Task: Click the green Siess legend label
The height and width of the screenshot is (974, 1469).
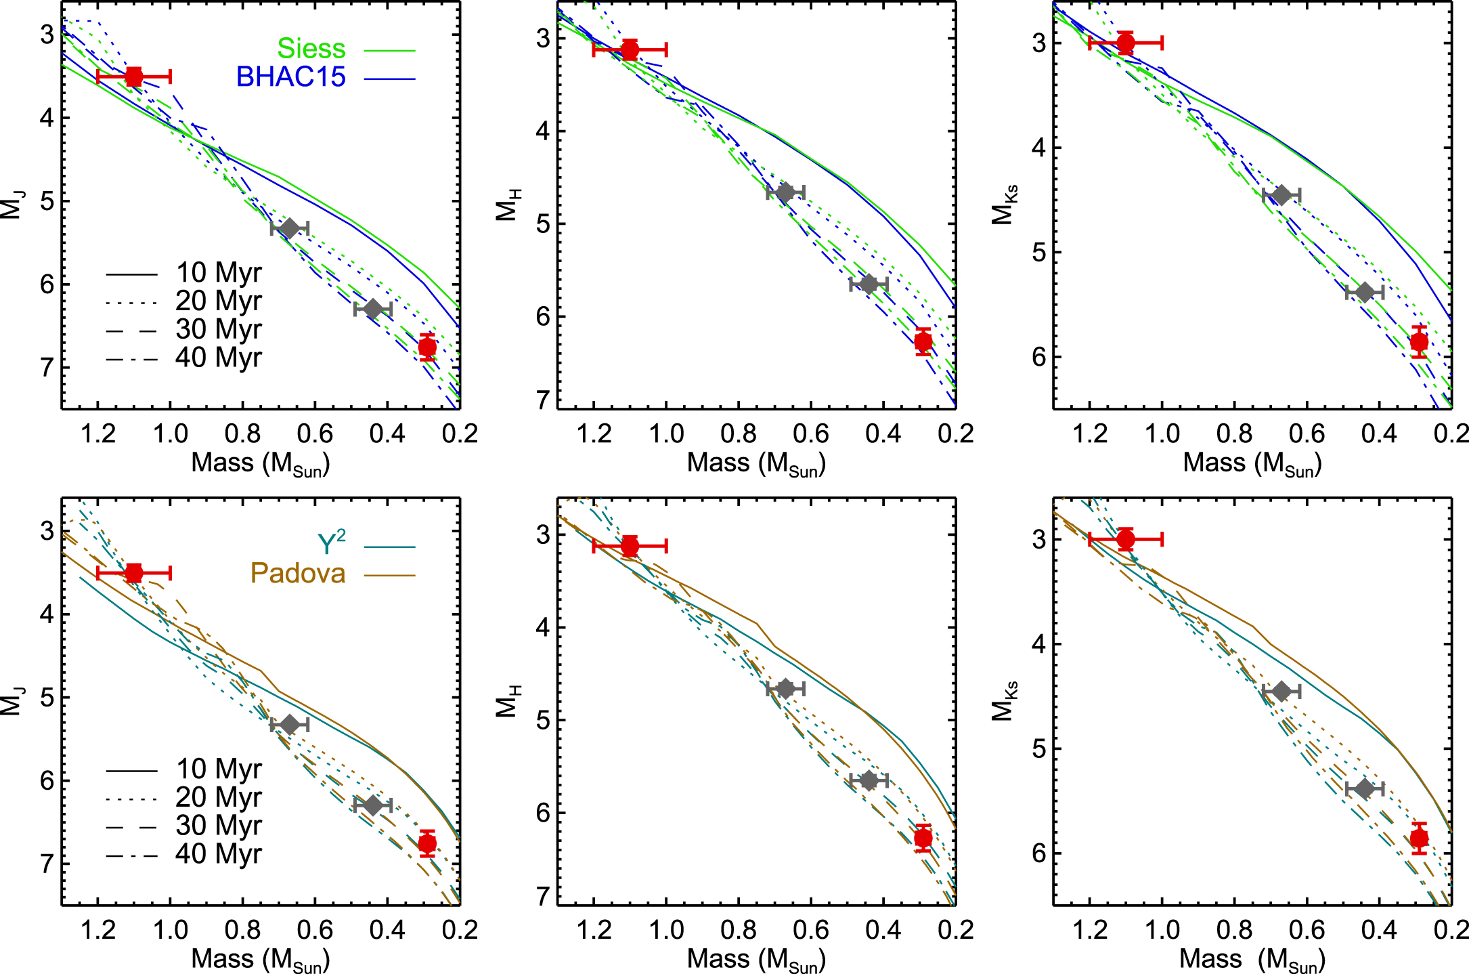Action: click(311, 49)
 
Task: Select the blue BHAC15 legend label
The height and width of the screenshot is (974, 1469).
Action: click(291, 77)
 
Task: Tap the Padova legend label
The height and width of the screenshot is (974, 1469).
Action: click(298, 574)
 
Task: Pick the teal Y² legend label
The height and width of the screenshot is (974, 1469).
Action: click(332, 543)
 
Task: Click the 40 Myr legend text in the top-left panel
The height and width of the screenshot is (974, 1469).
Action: click(218, 358)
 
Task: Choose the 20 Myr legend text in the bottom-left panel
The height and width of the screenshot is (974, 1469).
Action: click(218, 797)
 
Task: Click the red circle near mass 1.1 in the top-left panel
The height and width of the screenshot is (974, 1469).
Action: click(134, 77)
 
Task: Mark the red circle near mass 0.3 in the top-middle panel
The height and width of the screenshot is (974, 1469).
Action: click(923, 342)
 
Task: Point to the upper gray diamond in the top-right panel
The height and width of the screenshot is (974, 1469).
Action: click(1281, 196)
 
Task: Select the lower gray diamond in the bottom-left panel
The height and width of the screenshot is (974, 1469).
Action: click(372, 805)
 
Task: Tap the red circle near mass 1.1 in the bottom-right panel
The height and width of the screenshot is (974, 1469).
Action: click(1126, 539)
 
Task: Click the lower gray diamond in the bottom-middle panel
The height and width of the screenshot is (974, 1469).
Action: click(869, 780)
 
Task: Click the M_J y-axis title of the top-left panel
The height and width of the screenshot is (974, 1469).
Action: click(12, 205)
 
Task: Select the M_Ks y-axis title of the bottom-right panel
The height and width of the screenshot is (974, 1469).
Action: click(1004, 700)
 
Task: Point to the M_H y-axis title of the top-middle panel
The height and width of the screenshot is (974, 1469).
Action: click(508, 205)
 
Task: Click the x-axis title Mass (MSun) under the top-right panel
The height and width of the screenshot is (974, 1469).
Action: click(1252, 463)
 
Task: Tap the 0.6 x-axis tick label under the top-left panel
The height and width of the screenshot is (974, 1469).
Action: click(315, 433)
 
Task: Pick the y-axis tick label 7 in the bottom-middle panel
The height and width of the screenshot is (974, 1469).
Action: click(543, 896)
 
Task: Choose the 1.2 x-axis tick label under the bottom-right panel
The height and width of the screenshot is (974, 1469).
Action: click(1090, 930)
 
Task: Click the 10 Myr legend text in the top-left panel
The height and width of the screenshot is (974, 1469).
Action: click(218, 273)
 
